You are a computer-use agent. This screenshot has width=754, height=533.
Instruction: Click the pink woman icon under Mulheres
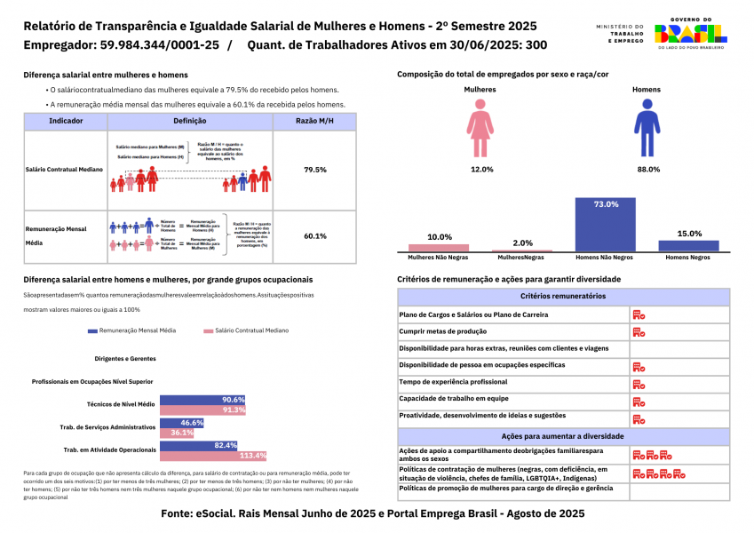[x=481, y=128]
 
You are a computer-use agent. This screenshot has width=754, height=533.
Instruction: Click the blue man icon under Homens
[x=646, y=128]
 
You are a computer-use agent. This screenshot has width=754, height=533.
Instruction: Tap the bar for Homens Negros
[x=688, y=245]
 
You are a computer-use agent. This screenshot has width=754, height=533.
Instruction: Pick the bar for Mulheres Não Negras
[x=439, y=248]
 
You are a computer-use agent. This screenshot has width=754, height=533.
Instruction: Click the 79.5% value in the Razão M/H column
[x=315, y=169]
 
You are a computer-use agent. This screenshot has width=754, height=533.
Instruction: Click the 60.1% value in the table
[x=315, y=236]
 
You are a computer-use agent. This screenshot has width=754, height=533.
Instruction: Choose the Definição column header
[x=190, y=121]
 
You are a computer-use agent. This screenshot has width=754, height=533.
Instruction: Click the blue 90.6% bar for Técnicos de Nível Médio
[x=202, y=401]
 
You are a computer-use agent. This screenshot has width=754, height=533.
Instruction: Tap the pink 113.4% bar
[x=213, y=456]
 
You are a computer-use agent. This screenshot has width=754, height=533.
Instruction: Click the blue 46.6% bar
[x=182, y=423]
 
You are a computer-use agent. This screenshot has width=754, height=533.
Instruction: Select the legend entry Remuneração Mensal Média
[x=131, y=330]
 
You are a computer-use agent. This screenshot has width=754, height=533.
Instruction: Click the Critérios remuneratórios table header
[x=564, y=296]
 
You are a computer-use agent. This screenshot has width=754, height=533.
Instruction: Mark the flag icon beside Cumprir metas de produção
[x=638, y=331]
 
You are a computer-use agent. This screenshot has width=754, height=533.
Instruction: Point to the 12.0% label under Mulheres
[x=481, y=169]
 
